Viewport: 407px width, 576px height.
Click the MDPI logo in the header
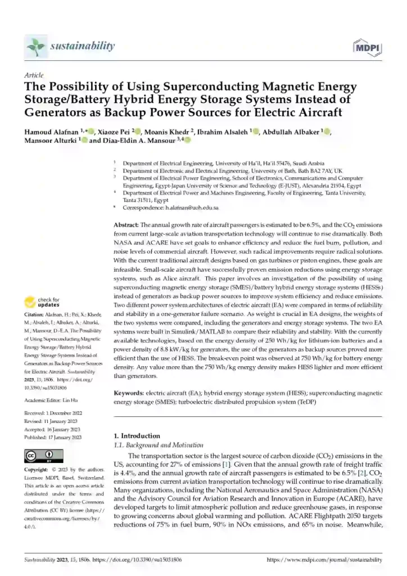coord(368,48)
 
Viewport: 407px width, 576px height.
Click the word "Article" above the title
coord(34,75)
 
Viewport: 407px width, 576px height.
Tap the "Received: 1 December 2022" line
coord(53,413)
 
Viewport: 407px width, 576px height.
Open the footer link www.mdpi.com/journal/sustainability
coord(324,560)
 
